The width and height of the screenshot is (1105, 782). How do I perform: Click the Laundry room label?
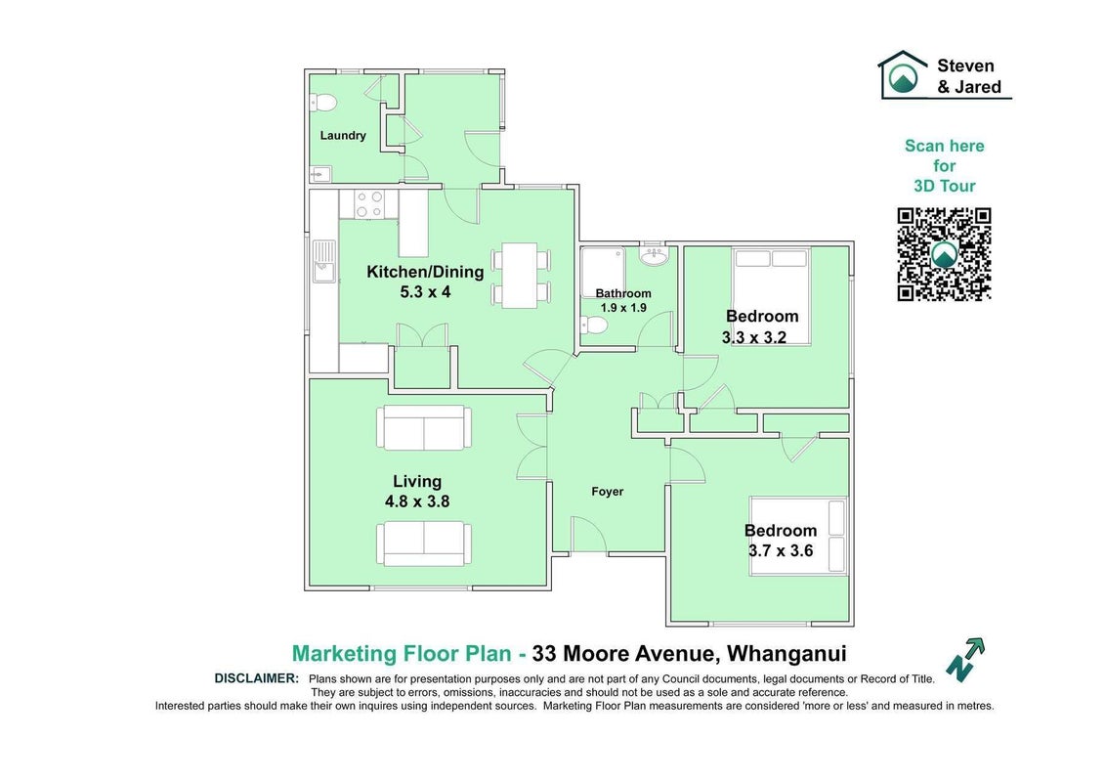[x=343, y=136]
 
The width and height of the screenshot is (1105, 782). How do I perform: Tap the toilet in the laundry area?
[x=322, y=103]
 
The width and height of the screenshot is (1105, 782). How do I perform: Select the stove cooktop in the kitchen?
[x=368, y=204]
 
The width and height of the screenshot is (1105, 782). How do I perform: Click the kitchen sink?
[x=324, y=260]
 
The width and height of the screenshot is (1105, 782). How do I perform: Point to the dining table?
[x=520, y=275]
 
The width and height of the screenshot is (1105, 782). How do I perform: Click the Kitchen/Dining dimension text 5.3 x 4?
[x=425, y=292]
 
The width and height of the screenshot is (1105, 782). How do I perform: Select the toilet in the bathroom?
[x=594, y=326]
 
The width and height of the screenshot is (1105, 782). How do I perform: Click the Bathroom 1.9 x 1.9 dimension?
[x=623, y=308]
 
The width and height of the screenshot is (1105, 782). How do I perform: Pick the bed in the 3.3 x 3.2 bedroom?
[x=771, y=296]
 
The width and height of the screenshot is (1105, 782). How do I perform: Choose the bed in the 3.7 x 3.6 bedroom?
[x=798, y=536]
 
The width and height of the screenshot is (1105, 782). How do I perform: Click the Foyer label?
[x=607, y=492]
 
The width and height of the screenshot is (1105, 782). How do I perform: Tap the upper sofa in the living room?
[x=424, y=427]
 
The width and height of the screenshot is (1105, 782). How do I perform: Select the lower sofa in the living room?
[x=424, y=543]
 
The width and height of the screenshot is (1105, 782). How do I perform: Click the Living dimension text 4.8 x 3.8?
[x=417, y=501]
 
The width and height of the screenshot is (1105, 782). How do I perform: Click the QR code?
[x=944, y=254]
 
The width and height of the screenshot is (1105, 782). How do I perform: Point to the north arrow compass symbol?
[x=965, y=659]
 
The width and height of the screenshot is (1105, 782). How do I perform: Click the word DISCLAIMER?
[x=257, y=678]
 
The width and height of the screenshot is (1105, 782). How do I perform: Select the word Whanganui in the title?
[x=786, y=654]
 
